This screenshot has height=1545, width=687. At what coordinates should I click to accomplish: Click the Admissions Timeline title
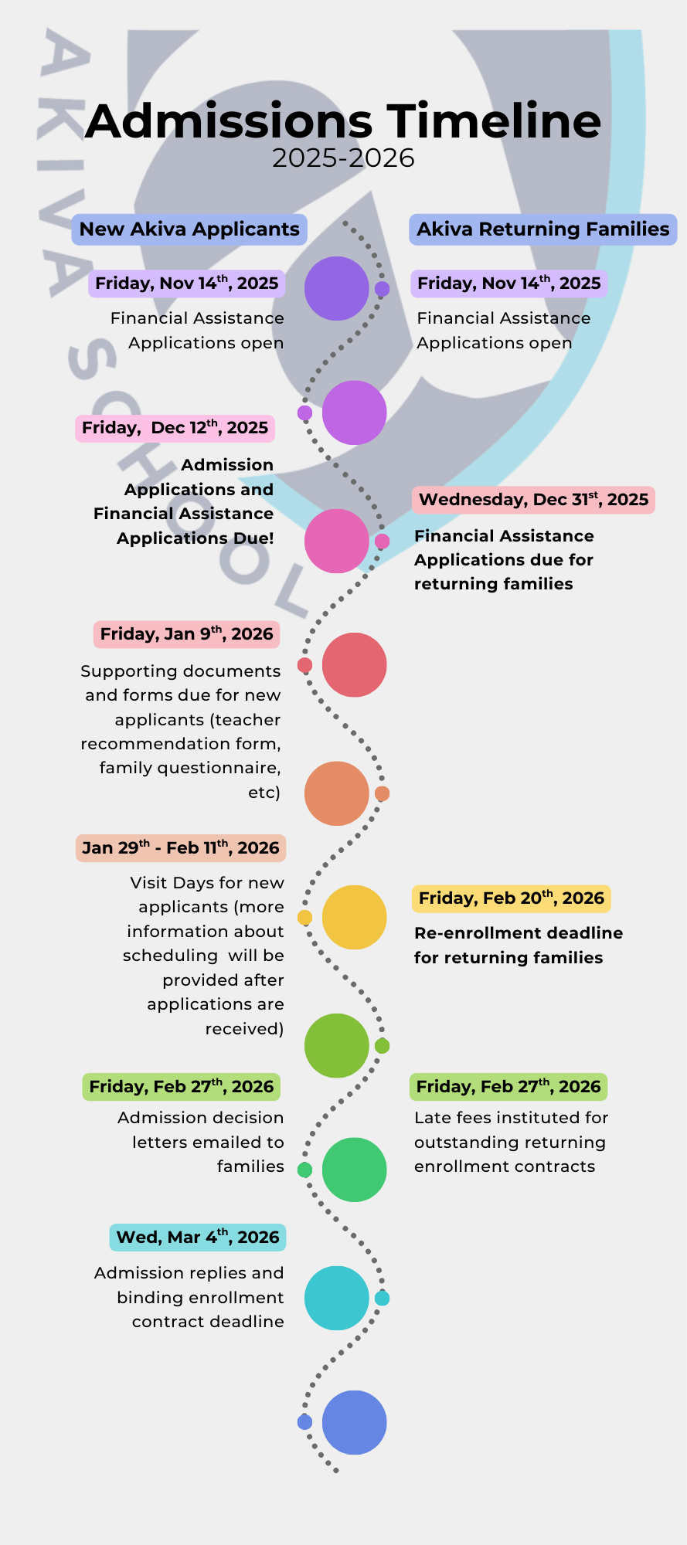pos(343,122)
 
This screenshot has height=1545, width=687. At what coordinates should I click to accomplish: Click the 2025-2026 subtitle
pos(343,158)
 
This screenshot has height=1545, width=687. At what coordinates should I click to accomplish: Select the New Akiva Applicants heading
pos(189,229)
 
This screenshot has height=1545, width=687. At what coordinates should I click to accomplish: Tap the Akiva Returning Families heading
pos(542,229)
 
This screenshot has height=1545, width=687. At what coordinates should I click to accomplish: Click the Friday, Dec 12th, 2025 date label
pos(175,428)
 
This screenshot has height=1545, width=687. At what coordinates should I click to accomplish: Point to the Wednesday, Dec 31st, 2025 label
pos(533,500)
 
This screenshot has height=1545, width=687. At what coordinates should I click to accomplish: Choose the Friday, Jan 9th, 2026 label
pos(186,634)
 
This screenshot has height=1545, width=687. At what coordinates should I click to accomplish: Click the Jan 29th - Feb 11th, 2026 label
pos(180,848)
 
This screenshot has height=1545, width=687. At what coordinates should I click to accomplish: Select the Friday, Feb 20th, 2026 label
pos(511,898)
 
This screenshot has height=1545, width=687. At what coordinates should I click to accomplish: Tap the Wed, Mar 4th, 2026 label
pos(197,1238)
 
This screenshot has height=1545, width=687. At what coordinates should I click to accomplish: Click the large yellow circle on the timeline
pos(354,918)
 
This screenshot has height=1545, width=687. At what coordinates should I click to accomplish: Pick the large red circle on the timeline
pos(354,665)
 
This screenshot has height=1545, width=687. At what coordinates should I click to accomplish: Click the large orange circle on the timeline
pos(336,793)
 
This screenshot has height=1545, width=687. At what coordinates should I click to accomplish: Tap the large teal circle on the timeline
pos(336,1299)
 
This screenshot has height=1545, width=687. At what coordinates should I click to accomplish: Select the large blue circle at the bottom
pos(354,1422)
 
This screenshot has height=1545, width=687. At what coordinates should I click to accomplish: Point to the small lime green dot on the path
pos(382,1046)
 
